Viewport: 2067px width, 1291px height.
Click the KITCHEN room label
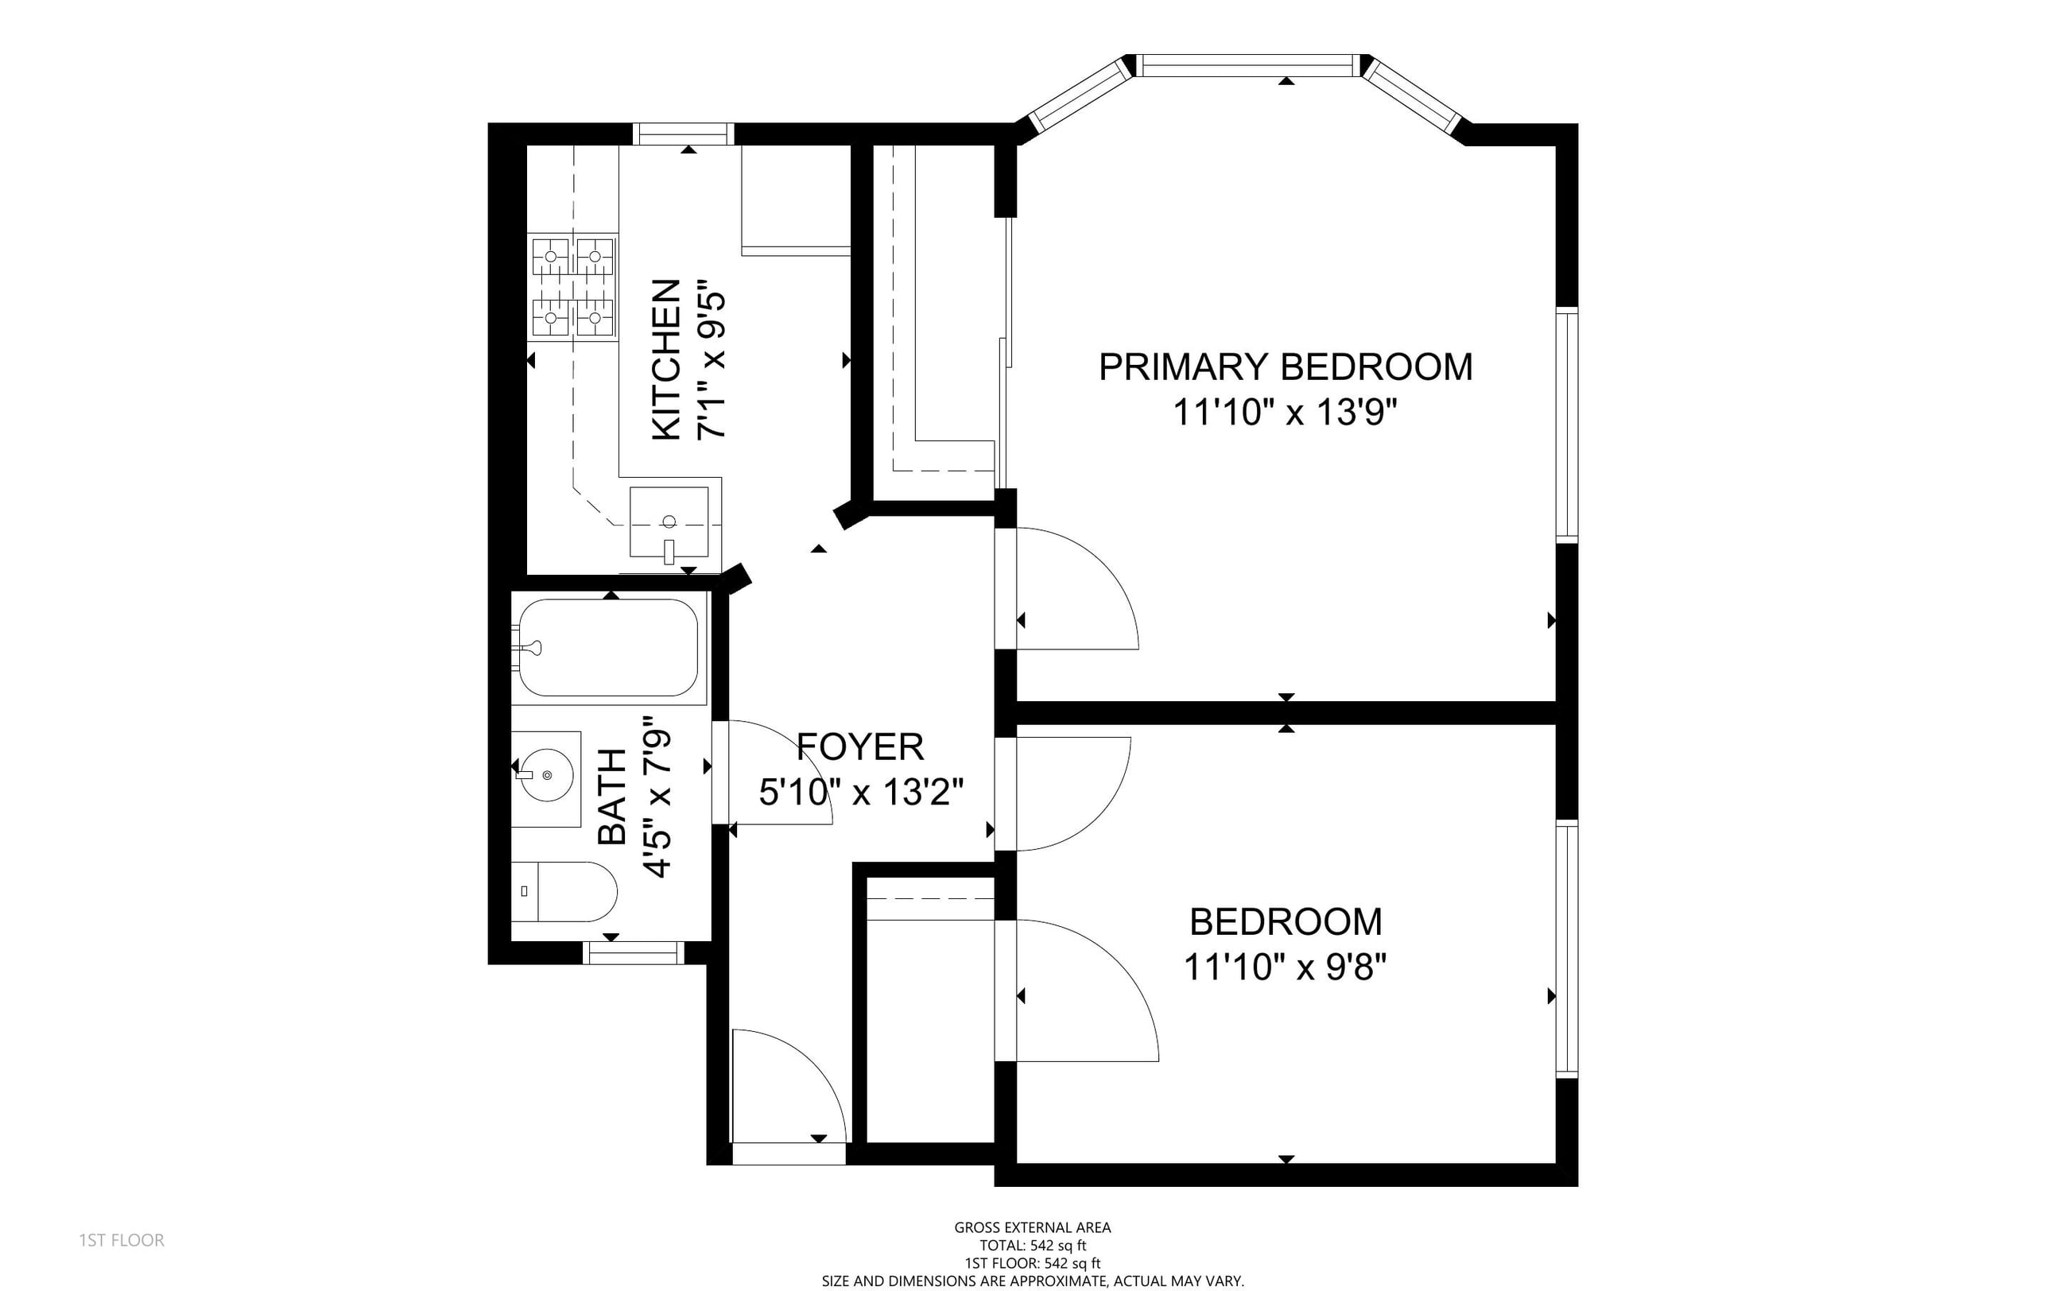click(x=667, y=359)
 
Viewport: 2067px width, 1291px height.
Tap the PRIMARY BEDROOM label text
click(x=1286, y=367)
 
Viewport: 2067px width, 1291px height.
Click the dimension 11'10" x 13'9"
click(x=1286, y=413)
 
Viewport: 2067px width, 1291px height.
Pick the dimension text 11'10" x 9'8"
click(x=1286, y=967)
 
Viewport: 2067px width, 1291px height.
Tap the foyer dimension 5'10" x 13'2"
click(x=862, y=793)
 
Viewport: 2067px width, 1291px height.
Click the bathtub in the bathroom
click(x=609, y=647)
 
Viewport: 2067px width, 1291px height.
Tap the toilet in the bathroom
click(x=564, y=891)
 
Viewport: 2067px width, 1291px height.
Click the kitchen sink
click(x=669, y=521)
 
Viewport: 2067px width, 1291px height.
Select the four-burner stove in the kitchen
click(x=572, y=287)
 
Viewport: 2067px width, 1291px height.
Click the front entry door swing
click(x=789, y=1086)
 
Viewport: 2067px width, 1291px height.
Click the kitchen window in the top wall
click(x=683, y=134)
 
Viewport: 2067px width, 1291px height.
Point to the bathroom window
click(x=634, y=953)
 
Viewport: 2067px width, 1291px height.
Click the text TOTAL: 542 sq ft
click(x=1032, y=1246)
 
